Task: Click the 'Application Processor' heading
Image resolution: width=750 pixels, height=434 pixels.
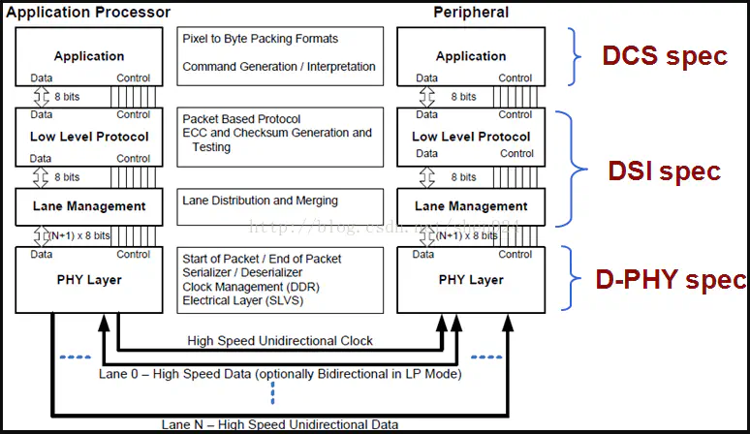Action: pos(88,13)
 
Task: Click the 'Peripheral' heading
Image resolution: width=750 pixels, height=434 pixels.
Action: pos(472,13)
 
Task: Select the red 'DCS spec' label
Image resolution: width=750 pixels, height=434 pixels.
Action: pos(665,56)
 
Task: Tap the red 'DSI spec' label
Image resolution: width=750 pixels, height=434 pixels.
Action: pos(665,171)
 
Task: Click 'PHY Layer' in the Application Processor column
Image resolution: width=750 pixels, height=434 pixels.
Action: pos(89,280)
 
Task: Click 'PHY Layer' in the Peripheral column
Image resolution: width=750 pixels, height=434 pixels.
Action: pos(472,280)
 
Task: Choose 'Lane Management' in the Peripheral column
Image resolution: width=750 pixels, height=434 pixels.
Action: pos(472,206)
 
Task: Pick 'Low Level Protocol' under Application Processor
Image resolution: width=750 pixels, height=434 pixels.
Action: pos(89,137)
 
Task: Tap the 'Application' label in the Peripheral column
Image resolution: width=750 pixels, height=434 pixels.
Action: pos(472,56)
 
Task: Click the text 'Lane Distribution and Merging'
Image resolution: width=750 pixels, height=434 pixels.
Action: pos(261,201)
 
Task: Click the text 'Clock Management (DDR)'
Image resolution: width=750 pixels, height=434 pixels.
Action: pos(251,287)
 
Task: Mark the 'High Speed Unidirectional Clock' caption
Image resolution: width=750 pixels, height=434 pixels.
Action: pos(281,341)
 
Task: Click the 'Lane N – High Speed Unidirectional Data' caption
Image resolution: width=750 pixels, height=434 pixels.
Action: pos(280,424)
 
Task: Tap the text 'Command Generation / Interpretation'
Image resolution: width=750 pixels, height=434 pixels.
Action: pos(279,67)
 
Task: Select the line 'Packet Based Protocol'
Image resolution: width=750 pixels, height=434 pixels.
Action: pos(241,119)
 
